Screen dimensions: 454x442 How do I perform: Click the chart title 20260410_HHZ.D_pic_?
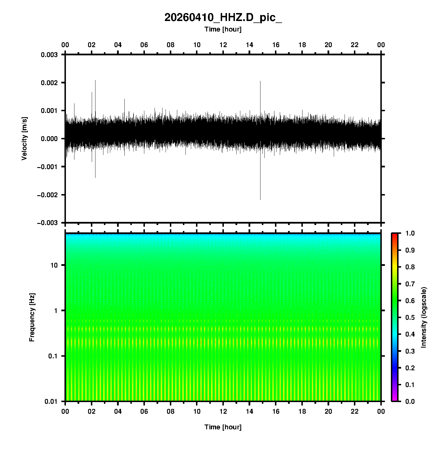[x=223, y=18]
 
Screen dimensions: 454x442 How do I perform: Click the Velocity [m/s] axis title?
[x=24, y=138]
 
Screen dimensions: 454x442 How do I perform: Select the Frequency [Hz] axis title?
[x=32, y=318]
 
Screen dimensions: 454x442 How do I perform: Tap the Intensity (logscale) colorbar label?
[x=424, y=317]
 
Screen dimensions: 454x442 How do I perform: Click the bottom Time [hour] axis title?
[x=223, y=427]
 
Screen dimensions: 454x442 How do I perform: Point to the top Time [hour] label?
[x=223, y=29]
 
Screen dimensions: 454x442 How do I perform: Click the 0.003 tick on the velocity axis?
[x=49, y=55]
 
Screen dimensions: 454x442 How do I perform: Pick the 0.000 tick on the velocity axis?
[x=49, y=139]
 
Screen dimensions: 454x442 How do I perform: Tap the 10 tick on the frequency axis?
[x=54, y=265]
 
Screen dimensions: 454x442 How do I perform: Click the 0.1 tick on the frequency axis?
[x=53, y=356]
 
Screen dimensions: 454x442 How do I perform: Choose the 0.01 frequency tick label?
[x=51, y=401]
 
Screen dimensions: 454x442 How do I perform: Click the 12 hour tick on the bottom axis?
[x=223, y=411]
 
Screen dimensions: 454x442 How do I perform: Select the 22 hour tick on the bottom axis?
[x=355, y=411]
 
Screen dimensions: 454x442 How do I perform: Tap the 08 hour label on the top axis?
[x=170, y=45]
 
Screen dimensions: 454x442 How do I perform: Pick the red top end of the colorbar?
[x=395, y=236]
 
